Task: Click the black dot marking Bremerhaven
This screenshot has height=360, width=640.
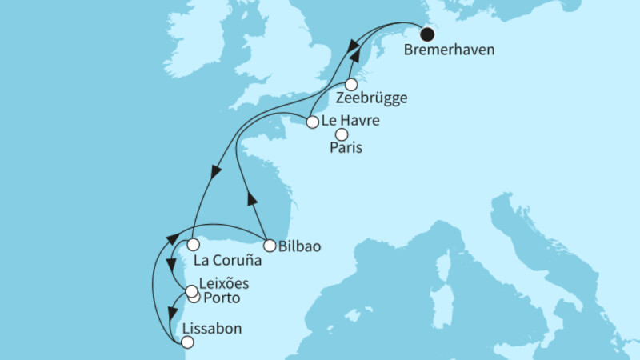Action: pyautogui.click(x=427, y=34)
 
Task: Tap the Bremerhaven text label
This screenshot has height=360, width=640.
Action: pyautogui.click(x=450, y=50)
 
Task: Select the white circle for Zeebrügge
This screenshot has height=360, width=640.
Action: pyautogui.click(x=351, y=84)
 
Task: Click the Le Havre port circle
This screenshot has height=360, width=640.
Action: pyautogui.click(x=312, y=122)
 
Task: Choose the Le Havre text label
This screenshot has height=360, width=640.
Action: pyautogui.click(x=349, y=122)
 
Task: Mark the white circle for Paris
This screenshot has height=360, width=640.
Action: pyautogui.click(x=342, y=134)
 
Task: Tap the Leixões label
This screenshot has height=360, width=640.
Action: pyautogui.click(x=226, y=283)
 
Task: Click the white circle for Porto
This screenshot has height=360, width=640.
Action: pyautogui.click(x=194, y=298)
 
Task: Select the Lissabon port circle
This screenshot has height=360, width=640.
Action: pyautogui.click(x=187, y=342)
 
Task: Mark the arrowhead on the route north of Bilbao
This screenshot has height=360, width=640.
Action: pyautogui.click(x=252, y=201)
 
